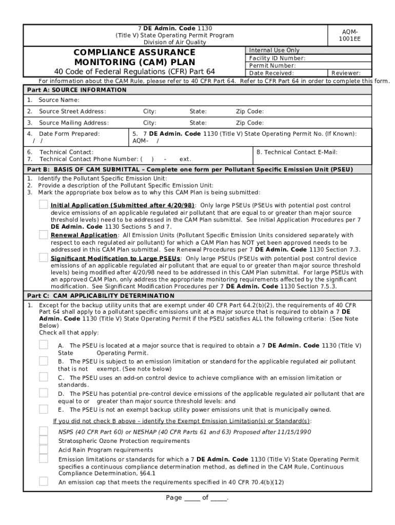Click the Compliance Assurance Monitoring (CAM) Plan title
(x=134, y=57)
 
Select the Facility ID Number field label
(x=277, y=58)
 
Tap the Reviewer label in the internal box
(x=346, y=73)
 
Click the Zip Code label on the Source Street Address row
(x=250, y=111)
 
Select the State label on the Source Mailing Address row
(x=198, y=123)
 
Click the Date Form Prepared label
(x=70, y=133)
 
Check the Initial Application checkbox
(x=44, y=205)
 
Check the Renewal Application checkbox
(x=44, y=235)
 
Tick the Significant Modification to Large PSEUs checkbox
(x=44, y=258)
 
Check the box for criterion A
(x=44, y=346)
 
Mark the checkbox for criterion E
(x=44, y=410)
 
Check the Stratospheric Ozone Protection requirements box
(x=44, y=441)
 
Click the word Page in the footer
(x=174, y=498)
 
